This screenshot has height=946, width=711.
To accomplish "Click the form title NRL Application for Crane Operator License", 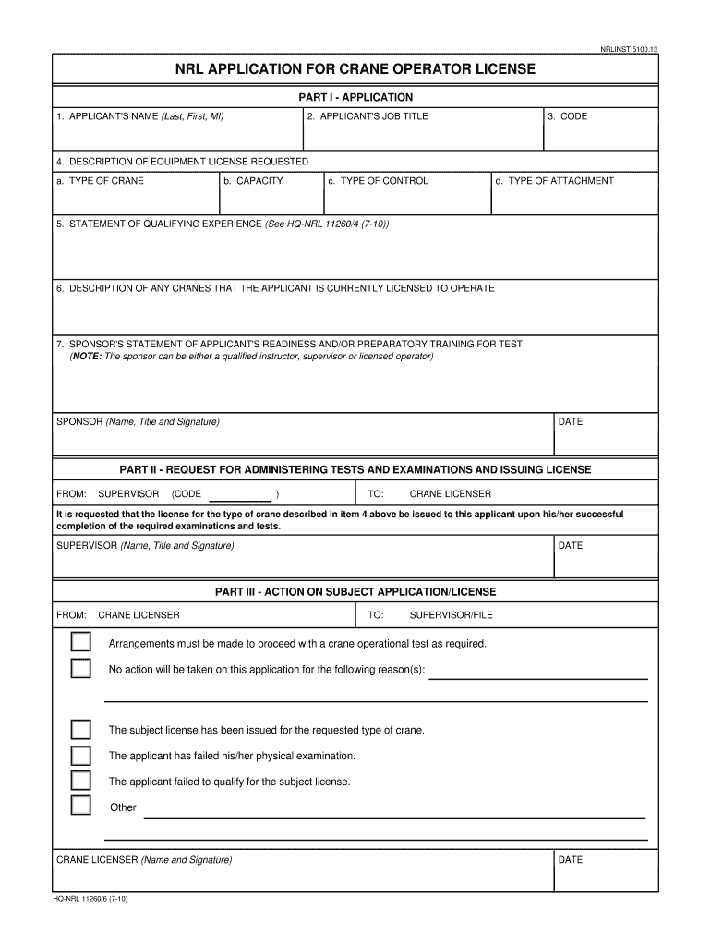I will tap(355, 69).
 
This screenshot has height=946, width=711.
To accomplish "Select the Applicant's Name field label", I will tap(139, 116).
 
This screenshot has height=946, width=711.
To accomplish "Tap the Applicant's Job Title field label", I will tap(368, 116).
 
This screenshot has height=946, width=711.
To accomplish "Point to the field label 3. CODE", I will tap(567, 116).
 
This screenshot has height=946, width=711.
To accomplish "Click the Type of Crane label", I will tap(100, 181).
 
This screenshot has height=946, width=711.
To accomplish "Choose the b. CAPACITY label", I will tap(253, 181).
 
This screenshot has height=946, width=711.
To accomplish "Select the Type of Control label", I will tap(379, 181).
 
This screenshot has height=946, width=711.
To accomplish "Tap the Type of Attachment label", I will tap(554, 181).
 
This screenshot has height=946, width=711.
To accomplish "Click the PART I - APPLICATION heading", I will tap(355, 97).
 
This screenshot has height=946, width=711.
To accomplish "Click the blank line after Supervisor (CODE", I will tap(237, 495).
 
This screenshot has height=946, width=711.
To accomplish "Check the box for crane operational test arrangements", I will tap(81, 642).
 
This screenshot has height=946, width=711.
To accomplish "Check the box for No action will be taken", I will tap(81, 669).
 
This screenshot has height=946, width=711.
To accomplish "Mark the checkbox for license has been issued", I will tap(81, 729).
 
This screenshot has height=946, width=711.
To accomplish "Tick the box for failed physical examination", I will tap(81, 755).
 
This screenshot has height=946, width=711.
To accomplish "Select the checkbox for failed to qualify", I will tap(81, 781).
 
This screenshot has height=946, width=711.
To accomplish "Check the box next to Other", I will tap(81, 806).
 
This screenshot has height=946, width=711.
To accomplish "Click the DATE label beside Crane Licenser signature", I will tap(571, 860).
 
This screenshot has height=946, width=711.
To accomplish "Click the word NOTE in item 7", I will tap(88, 357).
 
